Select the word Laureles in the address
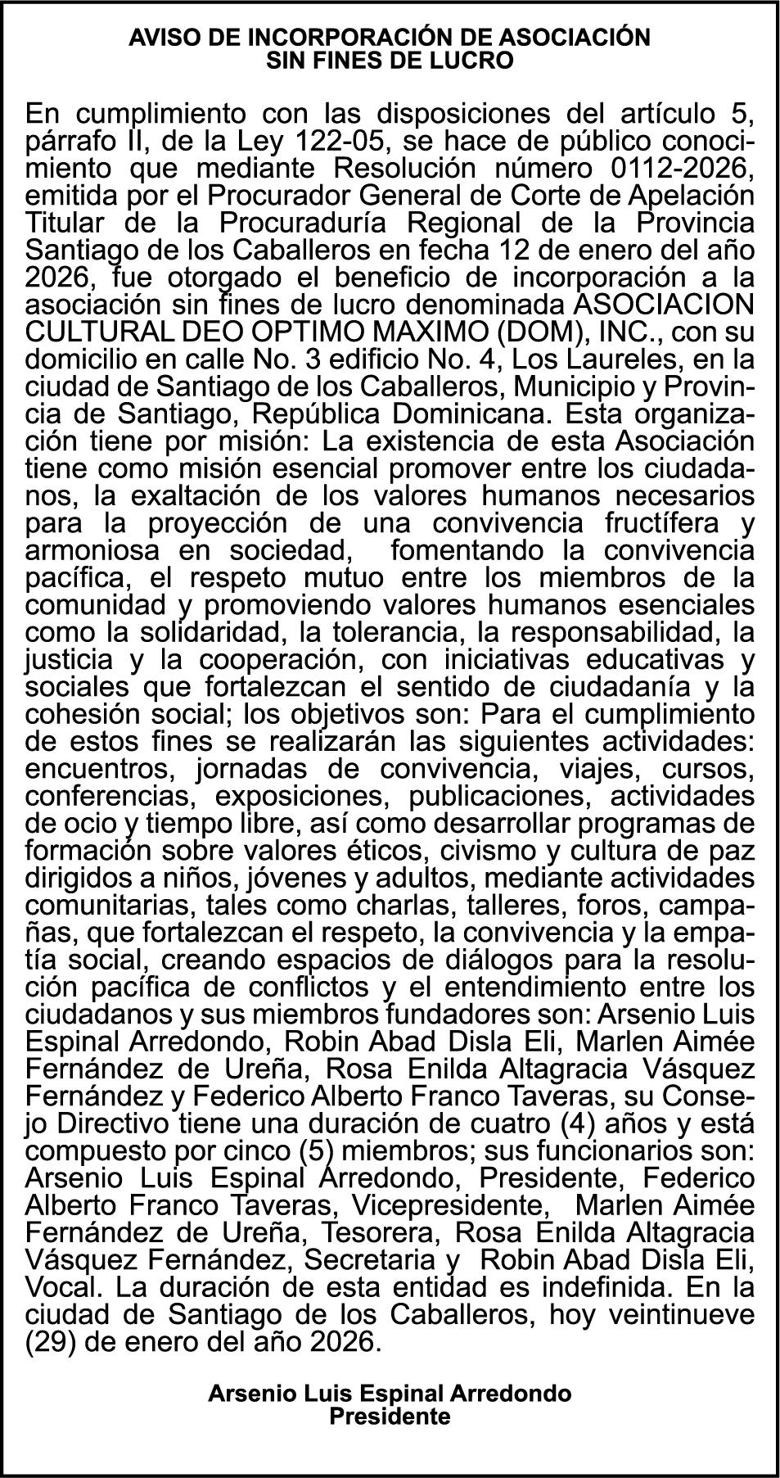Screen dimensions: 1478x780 coord(616,359)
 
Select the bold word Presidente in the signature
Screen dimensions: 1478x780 coord(390,1417)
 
